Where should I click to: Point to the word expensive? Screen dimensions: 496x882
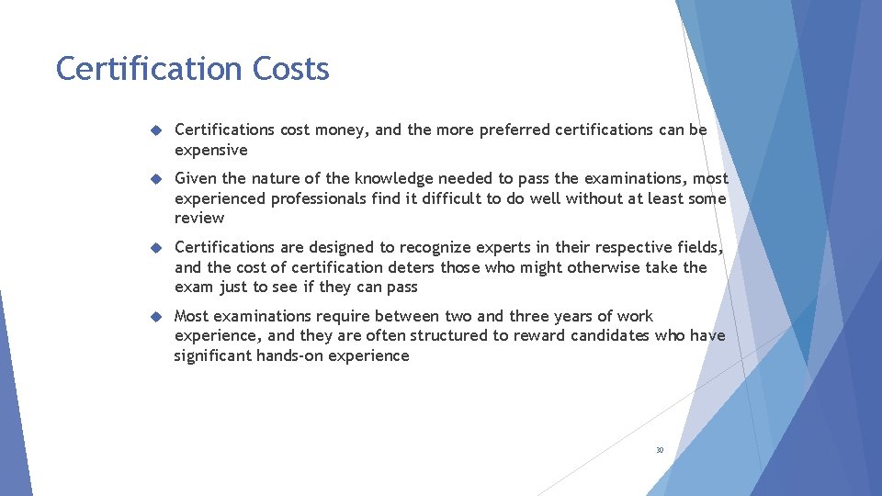211,150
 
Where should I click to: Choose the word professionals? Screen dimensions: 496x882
312,198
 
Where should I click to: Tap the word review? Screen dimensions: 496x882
199,218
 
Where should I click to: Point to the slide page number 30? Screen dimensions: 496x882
660,450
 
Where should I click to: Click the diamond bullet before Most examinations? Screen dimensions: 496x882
156,316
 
